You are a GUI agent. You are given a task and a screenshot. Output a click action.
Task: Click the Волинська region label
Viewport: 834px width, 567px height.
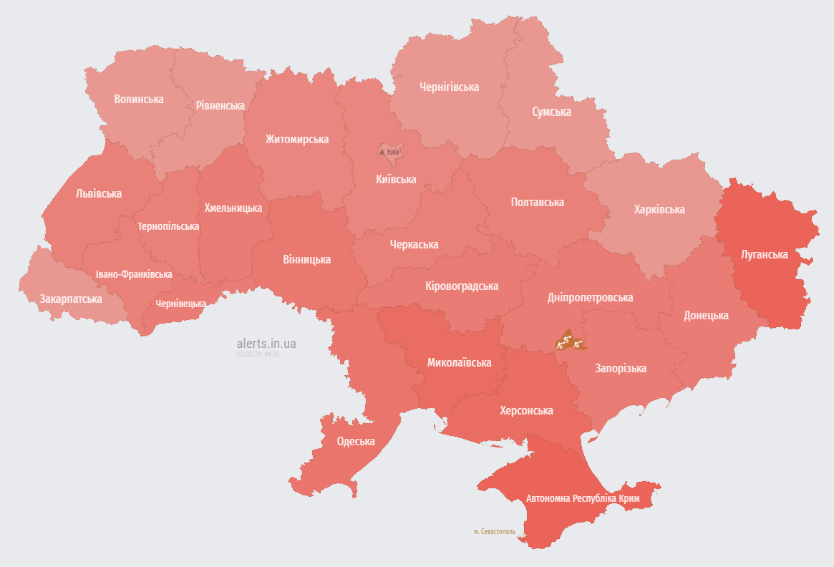[x=139, y=99]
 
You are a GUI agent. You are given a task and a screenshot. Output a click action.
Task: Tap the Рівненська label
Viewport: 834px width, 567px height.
[x=220, y=105]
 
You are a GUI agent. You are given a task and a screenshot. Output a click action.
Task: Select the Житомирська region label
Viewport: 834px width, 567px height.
[x=297, y=139]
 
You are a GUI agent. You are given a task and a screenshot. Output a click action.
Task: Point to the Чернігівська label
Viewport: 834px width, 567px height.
[x=449, y=87]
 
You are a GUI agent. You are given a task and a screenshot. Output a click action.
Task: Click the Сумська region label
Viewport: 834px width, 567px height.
[x=551, y=112]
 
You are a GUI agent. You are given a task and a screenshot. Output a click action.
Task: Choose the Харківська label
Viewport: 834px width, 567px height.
[x=659, y=209]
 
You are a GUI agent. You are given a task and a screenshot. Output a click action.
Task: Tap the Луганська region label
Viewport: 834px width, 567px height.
[x=765, y=254]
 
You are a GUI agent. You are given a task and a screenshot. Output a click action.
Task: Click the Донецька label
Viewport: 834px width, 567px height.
[x=706, y=315]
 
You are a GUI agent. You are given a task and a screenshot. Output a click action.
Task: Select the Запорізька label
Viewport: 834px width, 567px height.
[x=621, y=368]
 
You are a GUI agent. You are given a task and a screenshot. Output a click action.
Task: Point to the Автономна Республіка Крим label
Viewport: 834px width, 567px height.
[x=583, y=498]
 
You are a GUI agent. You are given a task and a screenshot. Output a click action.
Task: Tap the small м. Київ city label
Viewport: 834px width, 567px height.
[x=389, y=152]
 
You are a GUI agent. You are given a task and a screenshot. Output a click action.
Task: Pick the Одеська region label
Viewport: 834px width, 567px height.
[x=356, y=441]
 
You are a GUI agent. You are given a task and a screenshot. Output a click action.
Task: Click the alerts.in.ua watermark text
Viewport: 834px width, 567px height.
[x=266, y=344]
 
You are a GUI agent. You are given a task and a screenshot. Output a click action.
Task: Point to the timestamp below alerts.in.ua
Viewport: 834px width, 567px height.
[x=258, y=354]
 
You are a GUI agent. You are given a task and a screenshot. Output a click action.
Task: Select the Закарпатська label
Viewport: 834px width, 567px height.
[x=71, y=298]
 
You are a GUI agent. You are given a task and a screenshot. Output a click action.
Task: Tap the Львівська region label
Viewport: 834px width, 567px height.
[x=99, y=193]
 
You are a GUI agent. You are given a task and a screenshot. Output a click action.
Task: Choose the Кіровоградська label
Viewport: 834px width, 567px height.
[x=462, y=286]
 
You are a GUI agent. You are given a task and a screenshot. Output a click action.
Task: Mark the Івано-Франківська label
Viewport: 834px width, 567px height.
[x=134, y=274]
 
